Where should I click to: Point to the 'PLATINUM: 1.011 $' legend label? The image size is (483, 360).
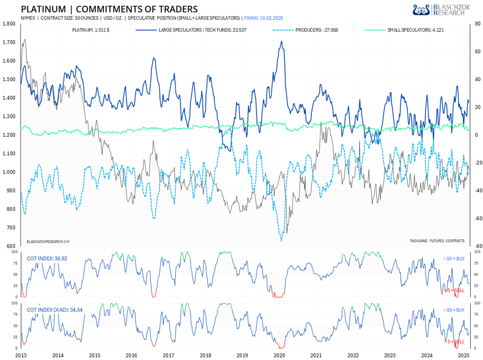[x=92, y=30]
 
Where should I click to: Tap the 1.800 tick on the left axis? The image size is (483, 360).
[x=9, y=24]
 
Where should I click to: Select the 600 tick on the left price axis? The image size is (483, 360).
[x=11, y=246]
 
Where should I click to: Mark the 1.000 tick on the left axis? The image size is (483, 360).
[x=9, y=172]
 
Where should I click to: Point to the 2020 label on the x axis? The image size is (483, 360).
[x=279, y=355]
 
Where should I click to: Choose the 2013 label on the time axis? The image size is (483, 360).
[x=21, y=355]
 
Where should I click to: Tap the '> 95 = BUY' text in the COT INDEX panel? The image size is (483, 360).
[x=453, y=259]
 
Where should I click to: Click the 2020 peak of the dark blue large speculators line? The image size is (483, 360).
[x=281, y=42]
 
